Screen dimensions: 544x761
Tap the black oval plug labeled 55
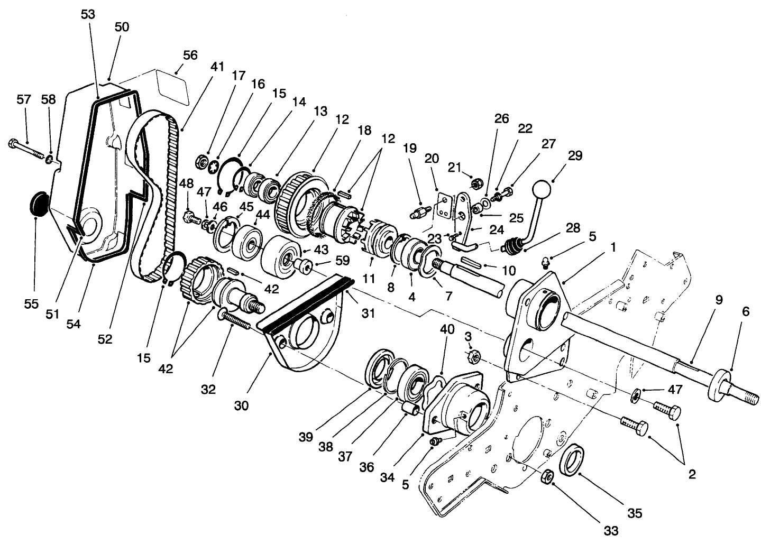(38, 205)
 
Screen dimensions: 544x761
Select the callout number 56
(190, 56)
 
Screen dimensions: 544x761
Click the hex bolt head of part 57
(13, 143)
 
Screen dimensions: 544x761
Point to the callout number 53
(88, 14)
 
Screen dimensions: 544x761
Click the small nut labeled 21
(475, 185)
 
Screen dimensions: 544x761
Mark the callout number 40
(447, 329)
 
